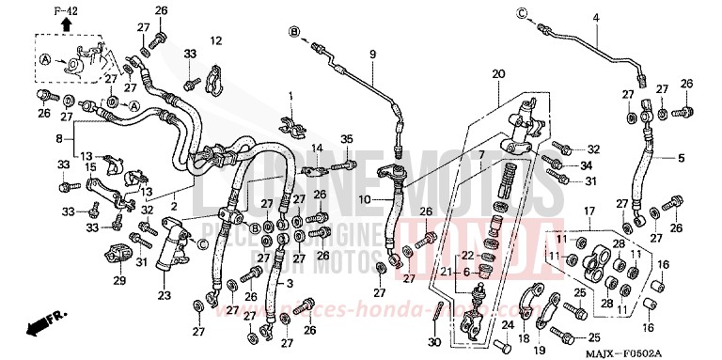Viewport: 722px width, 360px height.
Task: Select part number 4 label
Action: tap(594, 19)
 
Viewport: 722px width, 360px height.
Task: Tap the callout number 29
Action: tap(119, 281)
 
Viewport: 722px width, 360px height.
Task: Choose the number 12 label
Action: tap(215, 40)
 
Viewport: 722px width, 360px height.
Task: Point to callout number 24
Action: tap(507, 325)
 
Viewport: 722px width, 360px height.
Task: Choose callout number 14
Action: tap(317, 148)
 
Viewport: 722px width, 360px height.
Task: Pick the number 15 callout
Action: tap(92, 167)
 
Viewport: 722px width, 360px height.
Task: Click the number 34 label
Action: tap(592, 164)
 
